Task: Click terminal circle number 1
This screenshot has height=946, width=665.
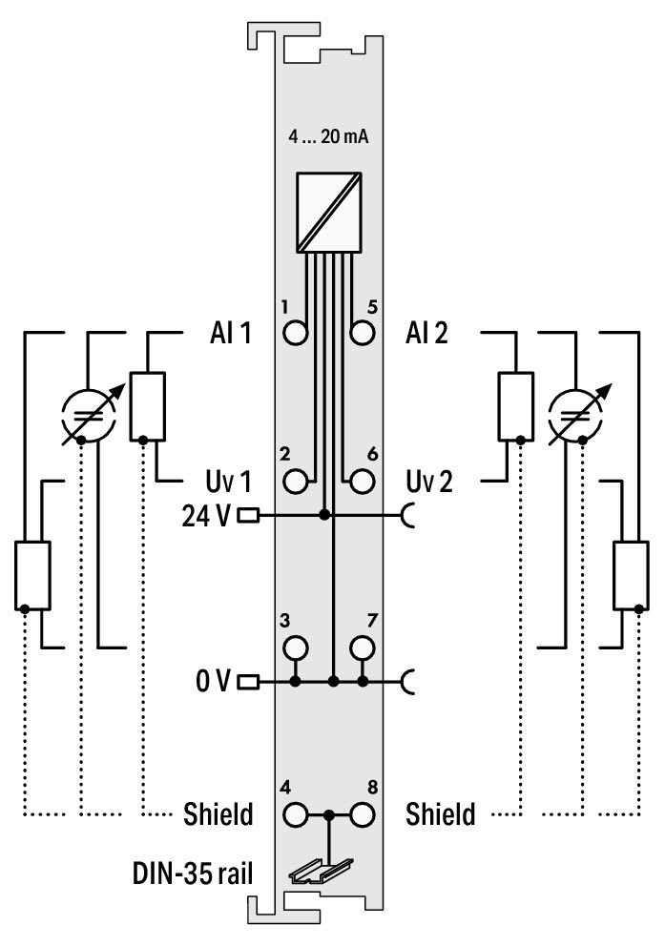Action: click(x=295, y=333)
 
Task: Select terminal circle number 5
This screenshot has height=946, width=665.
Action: click(x=362, y=333)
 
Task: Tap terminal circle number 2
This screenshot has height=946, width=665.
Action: click(x=295, y=482)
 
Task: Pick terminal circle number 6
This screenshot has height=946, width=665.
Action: click(x=362, y=482)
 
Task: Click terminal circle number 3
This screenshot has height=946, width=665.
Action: click(x=295, y=648)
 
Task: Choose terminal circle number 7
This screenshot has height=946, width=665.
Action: click(x=362, y=648)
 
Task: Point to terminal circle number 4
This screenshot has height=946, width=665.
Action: click(x=295, y=815)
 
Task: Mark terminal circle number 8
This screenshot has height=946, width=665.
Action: click(x=362, y=815)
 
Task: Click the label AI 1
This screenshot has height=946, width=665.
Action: click(x=231, y=333)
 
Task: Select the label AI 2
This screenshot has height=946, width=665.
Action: click(x=426, y=333)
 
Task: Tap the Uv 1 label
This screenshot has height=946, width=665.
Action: click(x=228, y=482)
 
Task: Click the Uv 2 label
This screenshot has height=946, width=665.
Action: click(x=429, y=482)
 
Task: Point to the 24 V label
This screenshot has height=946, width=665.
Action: click(x=206, y=516)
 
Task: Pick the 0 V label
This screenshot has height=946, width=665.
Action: click(x=213, y=681)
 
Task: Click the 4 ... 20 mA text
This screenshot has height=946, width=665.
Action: click(x=327, y=136)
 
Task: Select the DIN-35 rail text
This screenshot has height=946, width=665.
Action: click(x=193, y=874)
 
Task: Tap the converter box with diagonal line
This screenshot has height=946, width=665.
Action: click(x=329, y=213)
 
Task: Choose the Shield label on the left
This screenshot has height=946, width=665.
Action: click(x=218, y=813)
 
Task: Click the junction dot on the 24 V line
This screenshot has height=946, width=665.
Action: click(x=324, y=515)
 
